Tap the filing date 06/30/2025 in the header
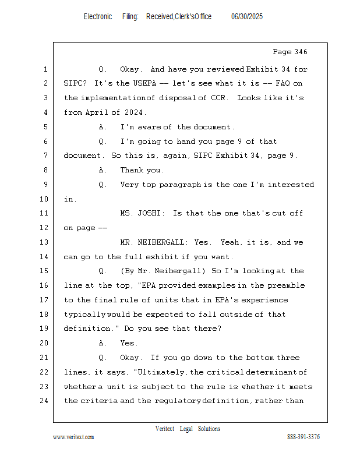click(247, 17)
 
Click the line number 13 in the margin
click(44, 242)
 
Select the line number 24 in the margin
click(44, 401)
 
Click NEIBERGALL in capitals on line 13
click(161, 242)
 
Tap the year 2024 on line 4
click(133, 112)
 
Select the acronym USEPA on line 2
click(144, 83)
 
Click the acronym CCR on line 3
click(218, 98)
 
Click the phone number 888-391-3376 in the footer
click(303, 437)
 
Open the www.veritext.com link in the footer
click(73, 437)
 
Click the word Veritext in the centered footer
click(165, 429)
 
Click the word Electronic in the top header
click(98, 17)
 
